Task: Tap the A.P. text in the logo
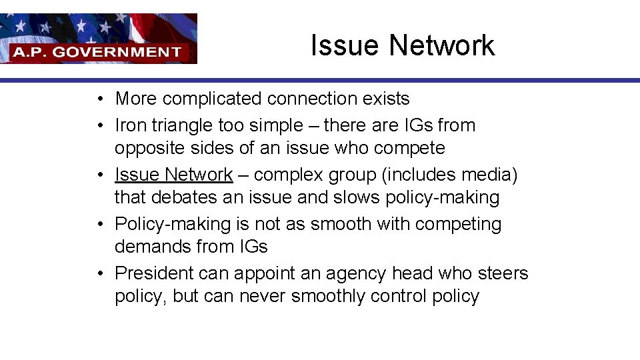click(x=29, y=51)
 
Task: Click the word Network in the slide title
click(x=442, y=45)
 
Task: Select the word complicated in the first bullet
click(x=213, y=99)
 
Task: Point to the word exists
click(x=386, y=99)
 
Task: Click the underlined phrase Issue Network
click(x=173, y=175)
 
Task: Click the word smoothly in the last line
click(x=326, y=296)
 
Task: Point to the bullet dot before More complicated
click(x=98, y=99)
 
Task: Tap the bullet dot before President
click(x=98, y=273)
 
